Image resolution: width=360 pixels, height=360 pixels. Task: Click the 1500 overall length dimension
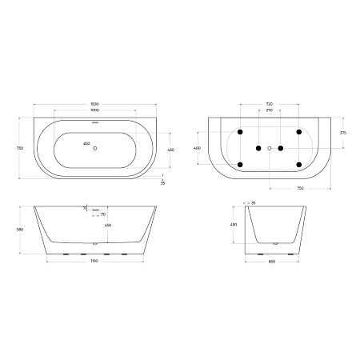(x=95, y=104)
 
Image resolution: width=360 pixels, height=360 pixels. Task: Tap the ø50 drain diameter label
(x=86, y=144)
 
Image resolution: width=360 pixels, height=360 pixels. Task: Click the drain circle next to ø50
(x=96, y=147)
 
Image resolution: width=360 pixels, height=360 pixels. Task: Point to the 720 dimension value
(x=269, y=104)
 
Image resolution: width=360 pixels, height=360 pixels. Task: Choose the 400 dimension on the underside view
(x=198, y=148)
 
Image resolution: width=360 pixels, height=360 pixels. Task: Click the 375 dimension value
(x=342, y=133)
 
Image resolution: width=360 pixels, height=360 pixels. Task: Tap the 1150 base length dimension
(x=95, y=262)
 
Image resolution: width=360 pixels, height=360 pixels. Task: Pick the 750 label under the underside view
(x=299, y=189)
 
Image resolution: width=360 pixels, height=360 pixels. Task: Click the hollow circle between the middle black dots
(x=270, y=148)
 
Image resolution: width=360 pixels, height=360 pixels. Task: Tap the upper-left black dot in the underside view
(x=240, y=131)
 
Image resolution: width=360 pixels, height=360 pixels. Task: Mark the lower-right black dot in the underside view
(x=298, y=165)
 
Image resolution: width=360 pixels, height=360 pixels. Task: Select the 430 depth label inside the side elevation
(x=98, y=225)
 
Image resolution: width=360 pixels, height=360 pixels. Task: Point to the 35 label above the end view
(x=254, y=203)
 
